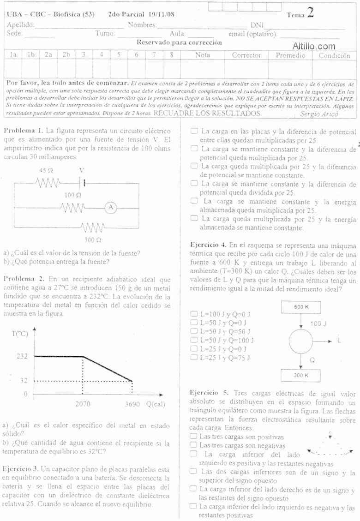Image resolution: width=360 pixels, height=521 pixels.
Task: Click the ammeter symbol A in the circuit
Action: click(110, 208)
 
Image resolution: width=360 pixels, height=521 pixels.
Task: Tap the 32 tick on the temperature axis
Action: click(24, 381)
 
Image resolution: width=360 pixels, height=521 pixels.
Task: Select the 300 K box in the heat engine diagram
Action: click(301, 375)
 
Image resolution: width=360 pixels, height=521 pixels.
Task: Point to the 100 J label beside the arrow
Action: click(318, 324)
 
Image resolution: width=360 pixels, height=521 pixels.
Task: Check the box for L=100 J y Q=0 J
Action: click(194, 314)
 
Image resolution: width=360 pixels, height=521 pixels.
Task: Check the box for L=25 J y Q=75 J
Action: click(194, 357)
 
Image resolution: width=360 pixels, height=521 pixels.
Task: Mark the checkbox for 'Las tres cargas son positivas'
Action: click(194, 436)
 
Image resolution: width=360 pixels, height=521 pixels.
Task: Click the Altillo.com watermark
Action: click(313, 46)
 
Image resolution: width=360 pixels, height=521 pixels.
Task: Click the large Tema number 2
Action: click(310, 12)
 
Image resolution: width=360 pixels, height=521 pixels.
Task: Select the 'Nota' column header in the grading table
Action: click(202, 55)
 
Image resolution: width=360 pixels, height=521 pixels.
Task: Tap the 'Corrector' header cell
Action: click(246, 55)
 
